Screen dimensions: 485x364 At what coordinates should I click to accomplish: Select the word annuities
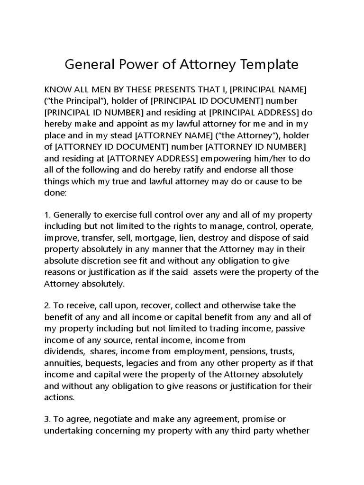(63, 363)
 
